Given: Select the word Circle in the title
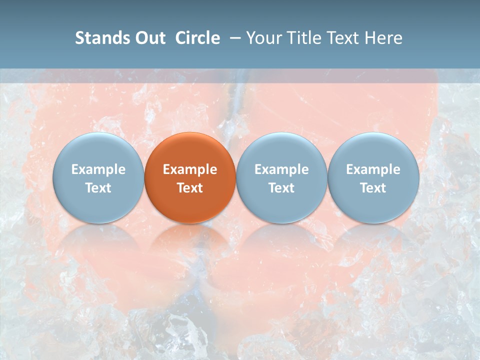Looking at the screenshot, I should (197, 38).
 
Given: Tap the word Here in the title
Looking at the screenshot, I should (383, 38).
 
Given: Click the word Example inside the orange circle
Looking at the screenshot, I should (190, 169).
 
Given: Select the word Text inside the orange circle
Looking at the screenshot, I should (190, 188).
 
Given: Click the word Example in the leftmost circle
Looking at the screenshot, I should (98, 169).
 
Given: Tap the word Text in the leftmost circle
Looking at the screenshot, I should (98, 188).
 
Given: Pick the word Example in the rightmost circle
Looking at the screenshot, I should (373, 169).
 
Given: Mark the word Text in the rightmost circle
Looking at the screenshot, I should (373, 188).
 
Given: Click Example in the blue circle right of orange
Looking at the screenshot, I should (281, 169).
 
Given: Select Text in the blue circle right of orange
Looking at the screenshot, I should (281, 188).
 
